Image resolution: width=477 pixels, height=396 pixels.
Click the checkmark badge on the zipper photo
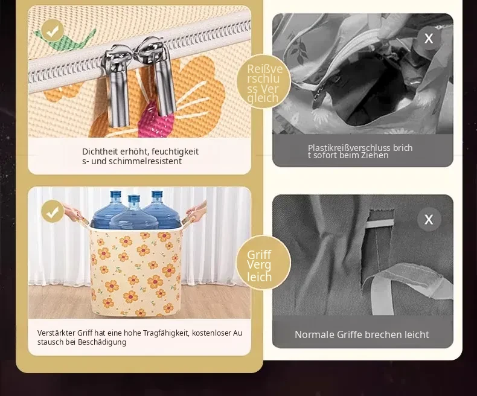[53, 30]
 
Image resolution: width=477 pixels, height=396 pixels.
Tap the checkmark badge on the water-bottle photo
[53, 211]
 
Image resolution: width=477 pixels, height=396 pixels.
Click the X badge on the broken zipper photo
[429, 38]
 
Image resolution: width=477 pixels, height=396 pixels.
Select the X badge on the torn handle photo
[429, 219]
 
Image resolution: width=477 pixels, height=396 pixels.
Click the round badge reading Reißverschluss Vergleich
[264, 81]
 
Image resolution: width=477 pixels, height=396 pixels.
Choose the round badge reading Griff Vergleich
[263, 263]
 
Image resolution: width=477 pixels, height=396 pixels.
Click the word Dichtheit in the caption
[100, 152]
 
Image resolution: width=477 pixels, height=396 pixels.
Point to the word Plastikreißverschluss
[349, 148]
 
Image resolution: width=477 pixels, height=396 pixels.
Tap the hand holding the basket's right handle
[196, 212]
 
